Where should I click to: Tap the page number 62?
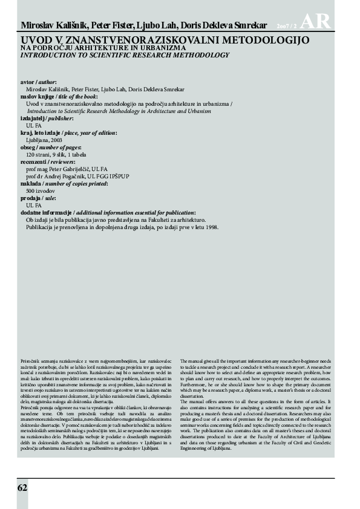tap(22, 488)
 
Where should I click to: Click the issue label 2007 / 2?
tap(287, 27)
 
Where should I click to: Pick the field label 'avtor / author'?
tap(38, 81)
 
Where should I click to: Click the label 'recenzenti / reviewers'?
tap(47, 162)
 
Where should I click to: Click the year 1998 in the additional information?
tap(209, 227)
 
